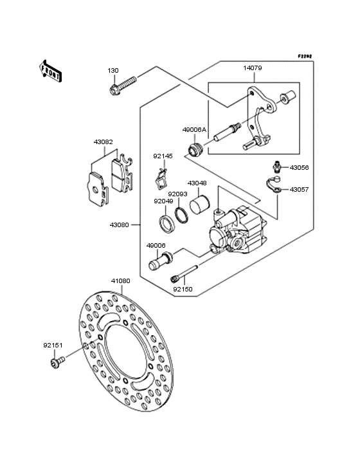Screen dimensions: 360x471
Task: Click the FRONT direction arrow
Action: pyautogui.click(x=50, y=71)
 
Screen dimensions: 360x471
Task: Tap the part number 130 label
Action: pyautogui.click(x=113, y=71)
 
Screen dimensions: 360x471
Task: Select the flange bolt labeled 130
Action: pyautogui.click(x=123, y=86)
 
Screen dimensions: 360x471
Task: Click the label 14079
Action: pyautogui.click(x=252, y=68)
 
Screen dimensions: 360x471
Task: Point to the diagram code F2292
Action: pyautogui.click(x=305, y=56)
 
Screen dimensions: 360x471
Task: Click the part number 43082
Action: pyautogui.click(x=104, y=142)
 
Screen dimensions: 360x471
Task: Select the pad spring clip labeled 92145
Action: pyautogui.click(x=161, y=180)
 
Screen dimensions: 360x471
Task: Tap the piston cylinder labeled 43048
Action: pyautogui.click(x=199, y=205)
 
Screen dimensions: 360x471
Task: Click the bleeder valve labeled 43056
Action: pyautogui.click(x=277, y=167)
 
